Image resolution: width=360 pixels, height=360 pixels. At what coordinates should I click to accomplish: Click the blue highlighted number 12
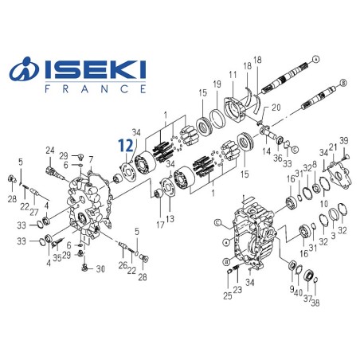pyautogui.click(x=123, y=146)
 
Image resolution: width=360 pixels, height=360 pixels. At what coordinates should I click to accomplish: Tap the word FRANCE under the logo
pyautogui.click(x=93, y=89)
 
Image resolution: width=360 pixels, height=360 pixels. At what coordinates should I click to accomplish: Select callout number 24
pyautogui.click(x=49, y=150)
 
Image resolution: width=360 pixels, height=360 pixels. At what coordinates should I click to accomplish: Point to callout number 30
pyautogui.click(x=100, y=268)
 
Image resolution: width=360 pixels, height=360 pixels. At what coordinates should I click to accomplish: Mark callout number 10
pyautogui.click(x=324, y=204)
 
